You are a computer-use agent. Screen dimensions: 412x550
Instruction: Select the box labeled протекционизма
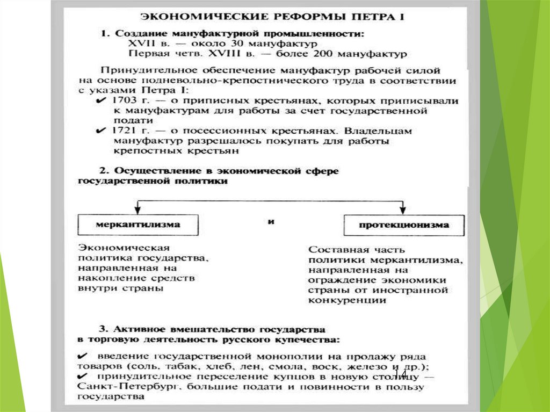click(403, 226)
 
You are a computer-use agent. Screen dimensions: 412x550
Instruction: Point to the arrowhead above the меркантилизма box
click(137, 209)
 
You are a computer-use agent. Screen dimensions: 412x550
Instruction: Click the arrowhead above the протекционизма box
click(402, 209)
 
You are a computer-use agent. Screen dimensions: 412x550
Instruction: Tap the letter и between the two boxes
click(270, 221)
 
